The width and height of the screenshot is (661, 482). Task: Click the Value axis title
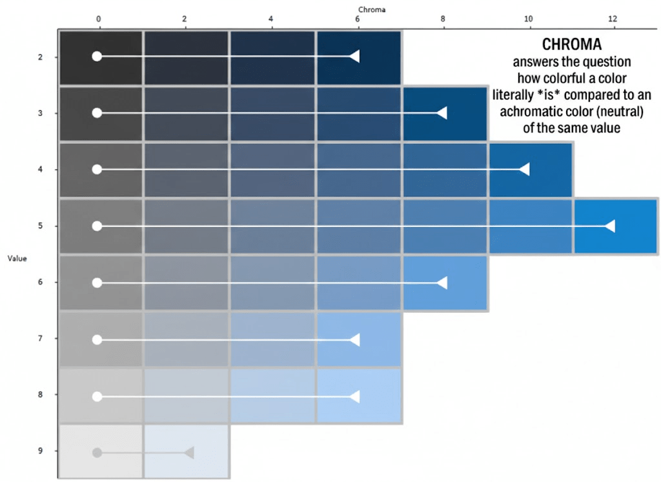click(x=17, y=258)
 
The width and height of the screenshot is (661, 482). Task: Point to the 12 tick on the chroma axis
click(x=614, y=19)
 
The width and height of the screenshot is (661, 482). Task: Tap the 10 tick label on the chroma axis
click(x=529, y=19)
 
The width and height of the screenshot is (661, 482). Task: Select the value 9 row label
click(x=40, y=451)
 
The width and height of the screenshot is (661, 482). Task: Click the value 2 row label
click(x=40, y=57)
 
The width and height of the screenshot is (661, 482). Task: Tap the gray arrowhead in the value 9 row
click(x=189, y=452)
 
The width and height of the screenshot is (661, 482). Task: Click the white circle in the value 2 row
click(x=97, y=56)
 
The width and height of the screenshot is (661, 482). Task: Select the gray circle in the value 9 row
click(x=97, y=452)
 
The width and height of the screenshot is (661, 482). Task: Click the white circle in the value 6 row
click(x=97, y=283)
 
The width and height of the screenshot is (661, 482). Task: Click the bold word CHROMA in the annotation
click(x=571, y=46)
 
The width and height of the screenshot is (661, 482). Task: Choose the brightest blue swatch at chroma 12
click(x=615, y=226)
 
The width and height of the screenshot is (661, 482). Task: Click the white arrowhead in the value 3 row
click(x=442, y=113)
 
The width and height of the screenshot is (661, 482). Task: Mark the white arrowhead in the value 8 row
click(x=354, y=396)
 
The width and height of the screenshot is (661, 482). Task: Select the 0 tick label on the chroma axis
click(x=99, y=19)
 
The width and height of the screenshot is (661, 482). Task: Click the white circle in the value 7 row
click(x=97, y=339)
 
